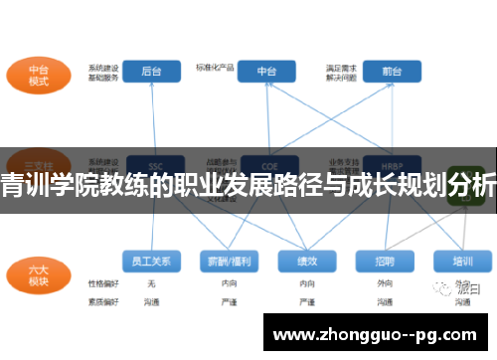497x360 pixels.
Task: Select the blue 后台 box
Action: click(152, 72)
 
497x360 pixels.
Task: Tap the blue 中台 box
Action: click(267, 72)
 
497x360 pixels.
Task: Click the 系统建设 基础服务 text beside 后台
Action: click(102, 72)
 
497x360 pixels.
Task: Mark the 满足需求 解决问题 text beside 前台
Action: click(340, 72)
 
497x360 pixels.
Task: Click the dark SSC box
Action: click(153, 164)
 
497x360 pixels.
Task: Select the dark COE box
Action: click(267, 164)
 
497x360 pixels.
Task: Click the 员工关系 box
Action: click(151, 261)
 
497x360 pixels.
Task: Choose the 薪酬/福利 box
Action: click(228, 261)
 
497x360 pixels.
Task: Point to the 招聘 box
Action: click(385, 261)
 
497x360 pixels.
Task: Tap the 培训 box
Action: click(462, 261)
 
